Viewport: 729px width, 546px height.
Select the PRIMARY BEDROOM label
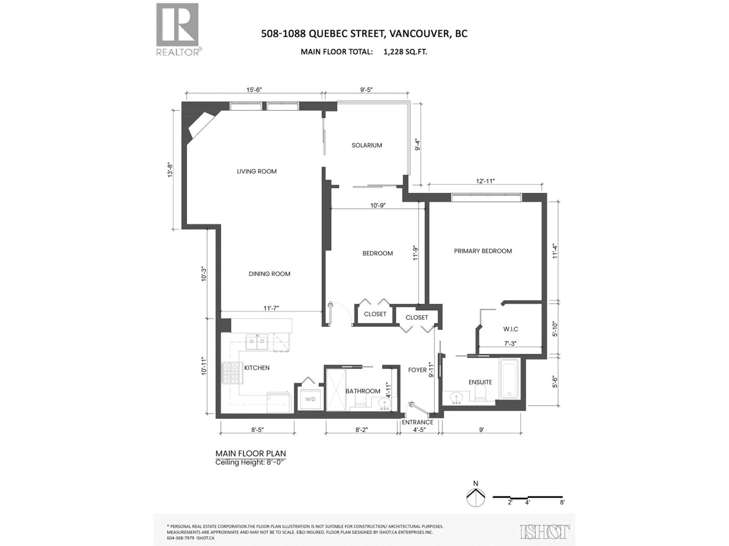click(x=483, y=251)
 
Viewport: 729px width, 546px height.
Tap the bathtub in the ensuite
click(x=509, y=379)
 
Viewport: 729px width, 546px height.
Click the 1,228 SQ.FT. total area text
click(x=405, y=52)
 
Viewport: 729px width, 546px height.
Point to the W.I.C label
click(x=510, y=329)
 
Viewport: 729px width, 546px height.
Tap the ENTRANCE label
click(x=417, y=422)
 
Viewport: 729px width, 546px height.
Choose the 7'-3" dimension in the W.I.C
click(x=510, y=344)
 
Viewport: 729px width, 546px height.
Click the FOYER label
click(x=417, y=370)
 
